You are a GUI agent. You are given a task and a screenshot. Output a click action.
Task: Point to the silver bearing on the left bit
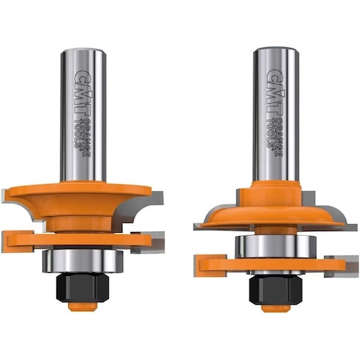78,260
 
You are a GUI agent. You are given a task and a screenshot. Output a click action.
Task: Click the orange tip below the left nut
78,306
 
